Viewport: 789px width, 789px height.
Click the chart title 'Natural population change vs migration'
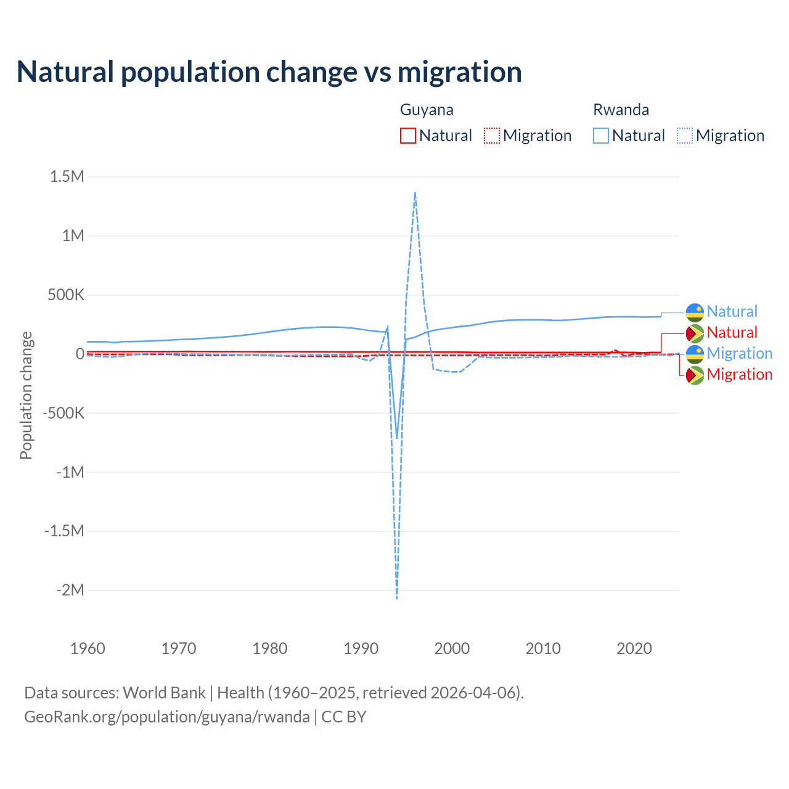(x=269, y=72)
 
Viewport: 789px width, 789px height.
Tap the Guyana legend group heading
(x=427, y=110)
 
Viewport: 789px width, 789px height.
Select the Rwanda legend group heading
(x=621, y=110)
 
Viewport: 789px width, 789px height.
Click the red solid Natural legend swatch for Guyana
(x=408, y=136)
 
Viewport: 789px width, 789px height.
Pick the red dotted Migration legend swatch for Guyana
(x=492, y=136)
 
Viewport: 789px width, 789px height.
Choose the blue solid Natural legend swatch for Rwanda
(x=601, y=136)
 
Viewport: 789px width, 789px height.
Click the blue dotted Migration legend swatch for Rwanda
(x=685, y=136)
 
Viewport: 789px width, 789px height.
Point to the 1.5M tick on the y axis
(x=67, y=176)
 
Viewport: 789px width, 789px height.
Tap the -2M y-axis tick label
(x=70, y=590)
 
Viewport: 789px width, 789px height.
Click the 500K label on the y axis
(x=65, y=295)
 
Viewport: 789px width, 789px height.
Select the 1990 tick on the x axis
(x=361, y=648)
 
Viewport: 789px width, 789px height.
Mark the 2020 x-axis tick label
(x=634, y=648)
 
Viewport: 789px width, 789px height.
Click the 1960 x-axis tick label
(x=88, y=648)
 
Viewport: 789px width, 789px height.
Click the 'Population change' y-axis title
(x=26, y=396)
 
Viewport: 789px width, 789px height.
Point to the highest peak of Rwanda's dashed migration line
(x=415, y=192)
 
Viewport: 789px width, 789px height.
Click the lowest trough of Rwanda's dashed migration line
(x=397, y=598)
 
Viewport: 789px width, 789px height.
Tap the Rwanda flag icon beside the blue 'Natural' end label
(x=695, y=312)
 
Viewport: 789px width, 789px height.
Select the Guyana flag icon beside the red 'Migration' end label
(x=695, y=375)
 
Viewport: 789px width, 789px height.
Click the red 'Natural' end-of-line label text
(x=732, y=333)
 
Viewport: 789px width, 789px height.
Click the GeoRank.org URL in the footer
(x=167, y=717)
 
